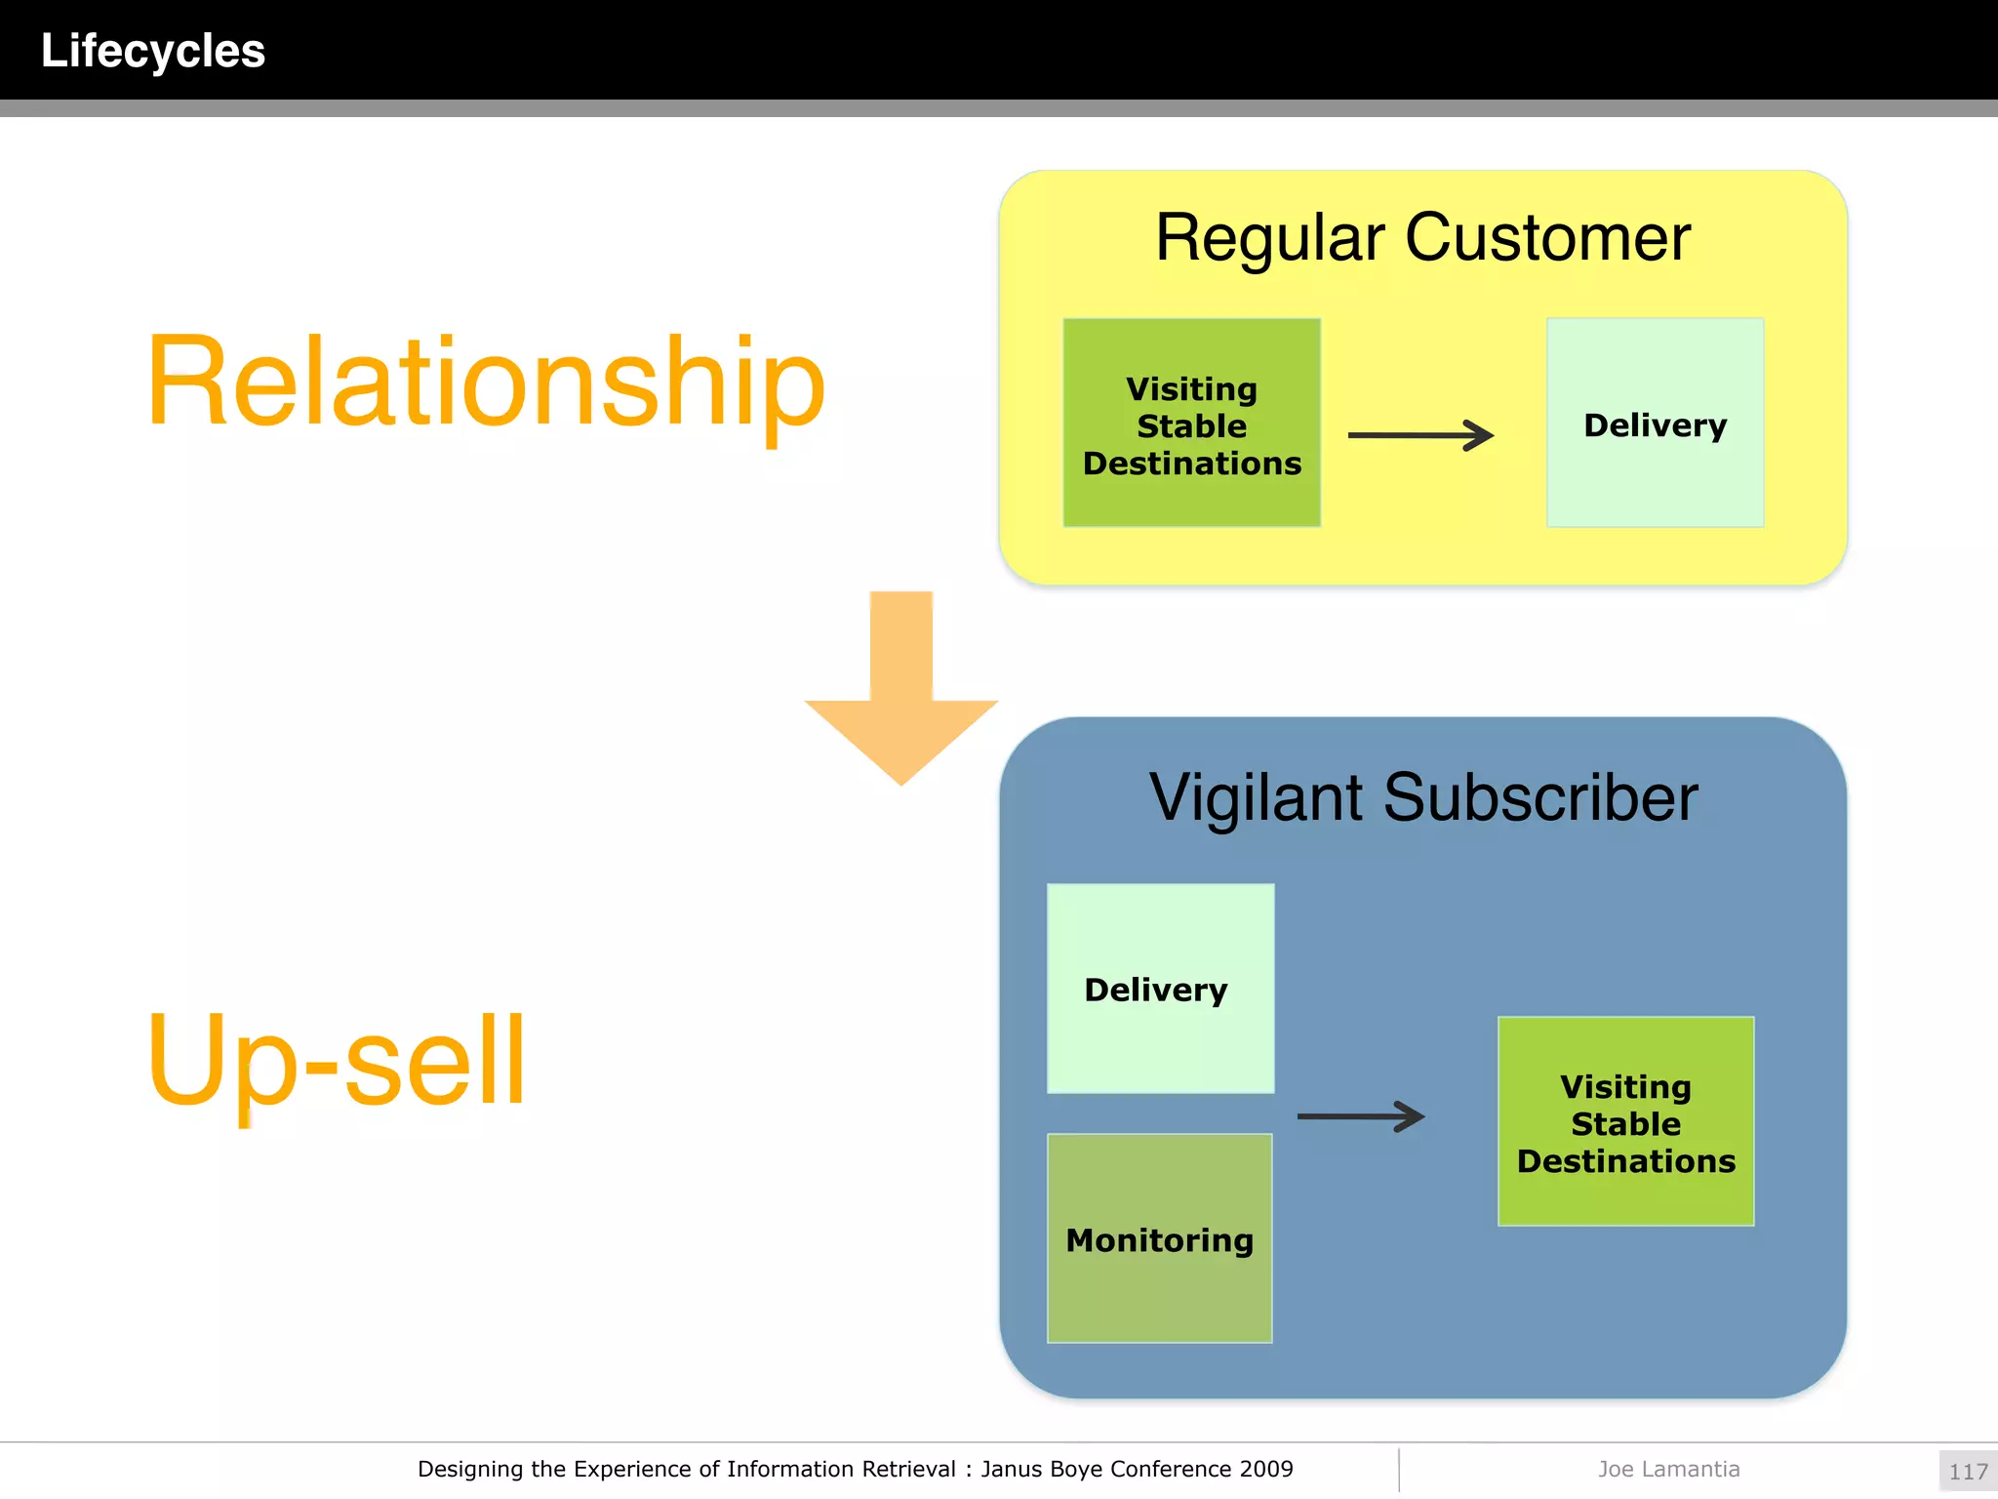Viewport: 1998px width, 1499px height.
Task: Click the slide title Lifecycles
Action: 153,51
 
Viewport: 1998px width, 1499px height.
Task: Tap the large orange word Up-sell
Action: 337,1061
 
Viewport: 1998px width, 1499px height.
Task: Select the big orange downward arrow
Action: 901,693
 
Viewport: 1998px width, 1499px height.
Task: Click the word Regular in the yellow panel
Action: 1269,238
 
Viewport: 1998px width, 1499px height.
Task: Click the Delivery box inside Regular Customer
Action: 1655,424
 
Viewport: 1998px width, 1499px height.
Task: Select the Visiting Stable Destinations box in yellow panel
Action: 1191,424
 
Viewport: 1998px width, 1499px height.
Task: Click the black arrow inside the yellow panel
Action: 1419,435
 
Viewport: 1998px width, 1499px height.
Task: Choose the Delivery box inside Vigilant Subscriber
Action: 1159,989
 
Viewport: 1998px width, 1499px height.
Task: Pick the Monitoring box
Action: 1159,1238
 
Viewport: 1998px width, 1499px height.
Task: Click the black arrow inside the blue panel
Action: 1361,1116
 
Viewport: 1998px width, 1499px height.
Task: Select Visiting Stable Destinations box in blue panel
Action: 1625,1121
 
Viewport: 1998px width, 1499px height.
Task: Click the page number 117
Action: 1968,1471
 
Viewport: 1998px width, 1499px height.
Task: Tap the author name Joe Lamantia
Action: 1668,1469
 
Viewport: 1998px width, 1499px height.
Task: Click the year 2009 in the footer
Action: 1266,1469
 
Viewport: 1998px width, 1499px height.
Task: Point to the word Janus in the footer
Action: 1011,1469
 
